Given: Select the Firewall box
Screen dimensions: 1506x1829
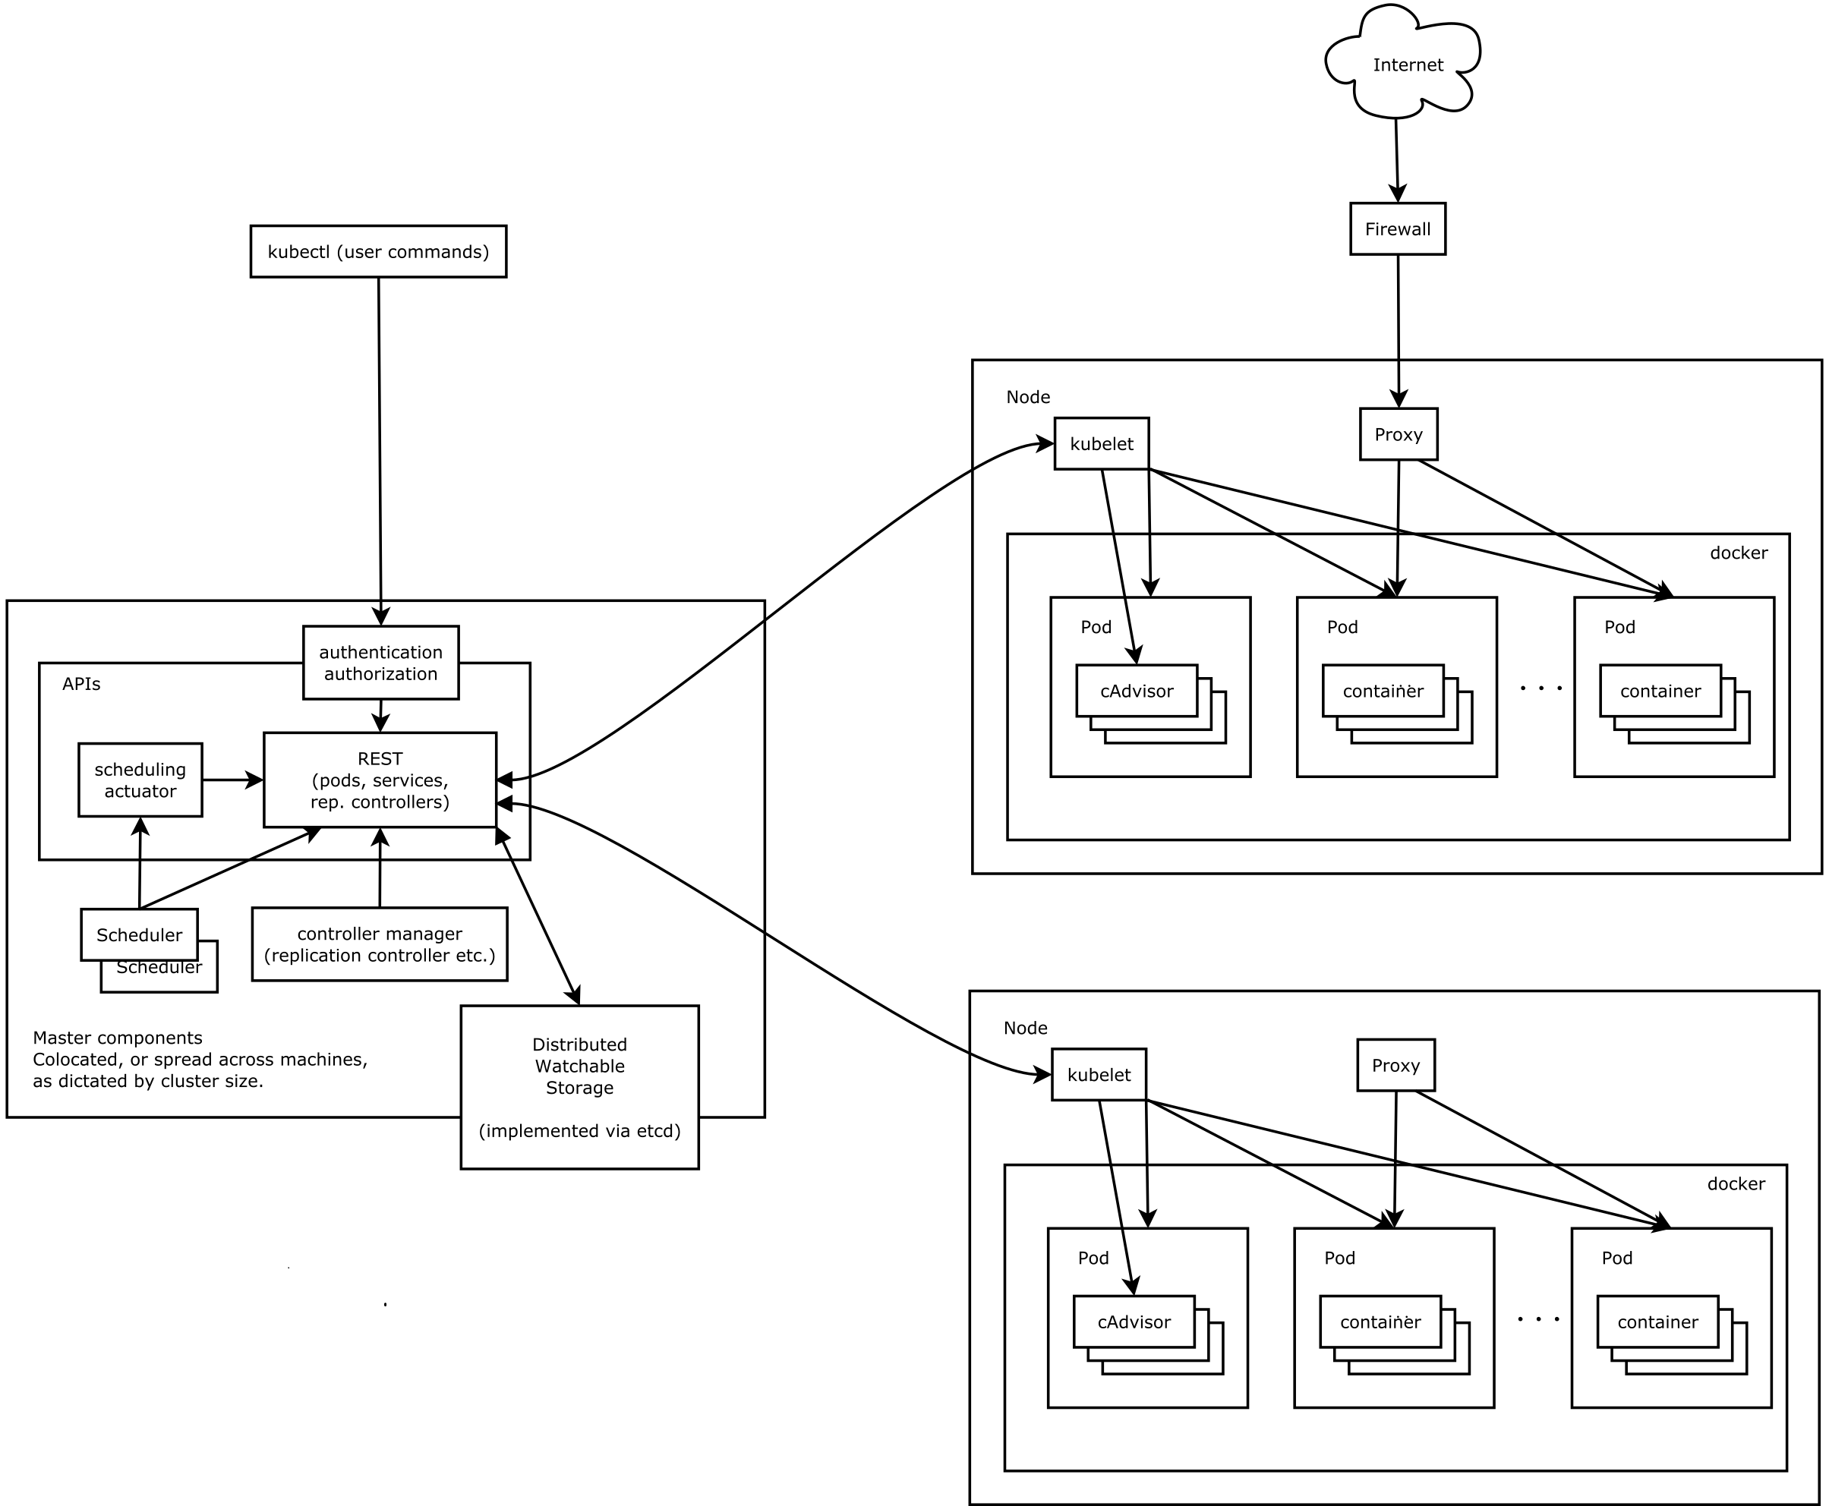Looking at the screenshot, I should click(1397, 229).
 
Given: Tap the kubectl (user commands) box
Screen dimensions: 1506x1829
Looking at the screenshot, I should click(378, 251).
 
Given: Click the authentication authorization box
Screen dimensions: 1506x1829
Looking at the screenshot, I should click(380, 662).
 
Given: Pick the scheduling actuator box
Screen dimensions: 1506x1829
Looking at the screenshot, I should click(140, 780).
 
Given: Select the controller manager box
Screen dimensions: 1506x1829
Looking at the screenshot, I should click(379, 944).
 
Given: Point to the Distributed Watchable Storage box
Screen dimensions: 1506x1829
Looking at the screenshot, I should click(579, 1087).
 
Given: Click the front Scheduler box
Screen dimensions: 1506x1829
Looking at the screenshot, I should click(139, 934).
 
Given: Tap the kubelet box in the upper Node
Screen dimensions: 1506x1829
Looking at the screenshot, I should click(1101, 444).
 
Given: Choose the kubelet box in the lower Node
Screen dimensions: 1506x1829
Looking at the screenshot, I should click(1099, 1075).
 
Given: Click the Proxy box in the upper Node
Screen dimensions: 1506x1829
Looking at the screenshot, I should click(1398, 433).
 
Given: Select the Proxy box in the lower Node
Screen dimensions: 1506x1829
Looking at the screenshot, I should click(1395, 1064).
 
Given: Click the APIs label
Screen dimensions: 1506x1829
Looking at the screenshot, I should click(80, 684).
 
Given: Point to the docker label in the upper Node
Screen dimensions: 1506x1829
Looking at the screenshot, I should click(1738, 553).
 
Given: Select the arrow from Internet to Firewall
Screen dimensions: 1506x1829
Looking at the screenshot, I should click(1396, 160).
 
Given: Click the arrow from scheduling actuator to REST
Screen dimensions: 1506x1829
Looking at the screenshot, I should click(232, 780).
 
